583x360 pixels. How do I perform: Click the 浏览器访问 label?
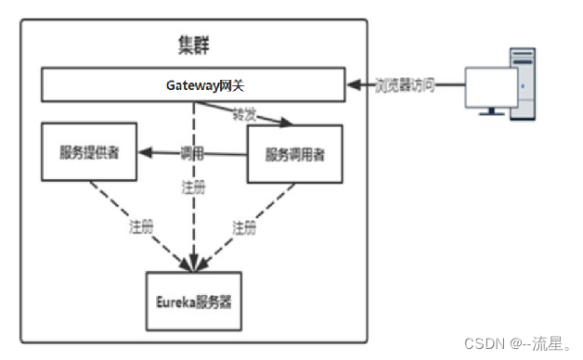point(404,85)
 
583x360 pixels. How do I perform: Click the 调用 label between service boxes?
point(192,151)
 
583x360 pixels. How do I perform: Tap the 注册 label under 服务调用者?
point(243,225)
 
